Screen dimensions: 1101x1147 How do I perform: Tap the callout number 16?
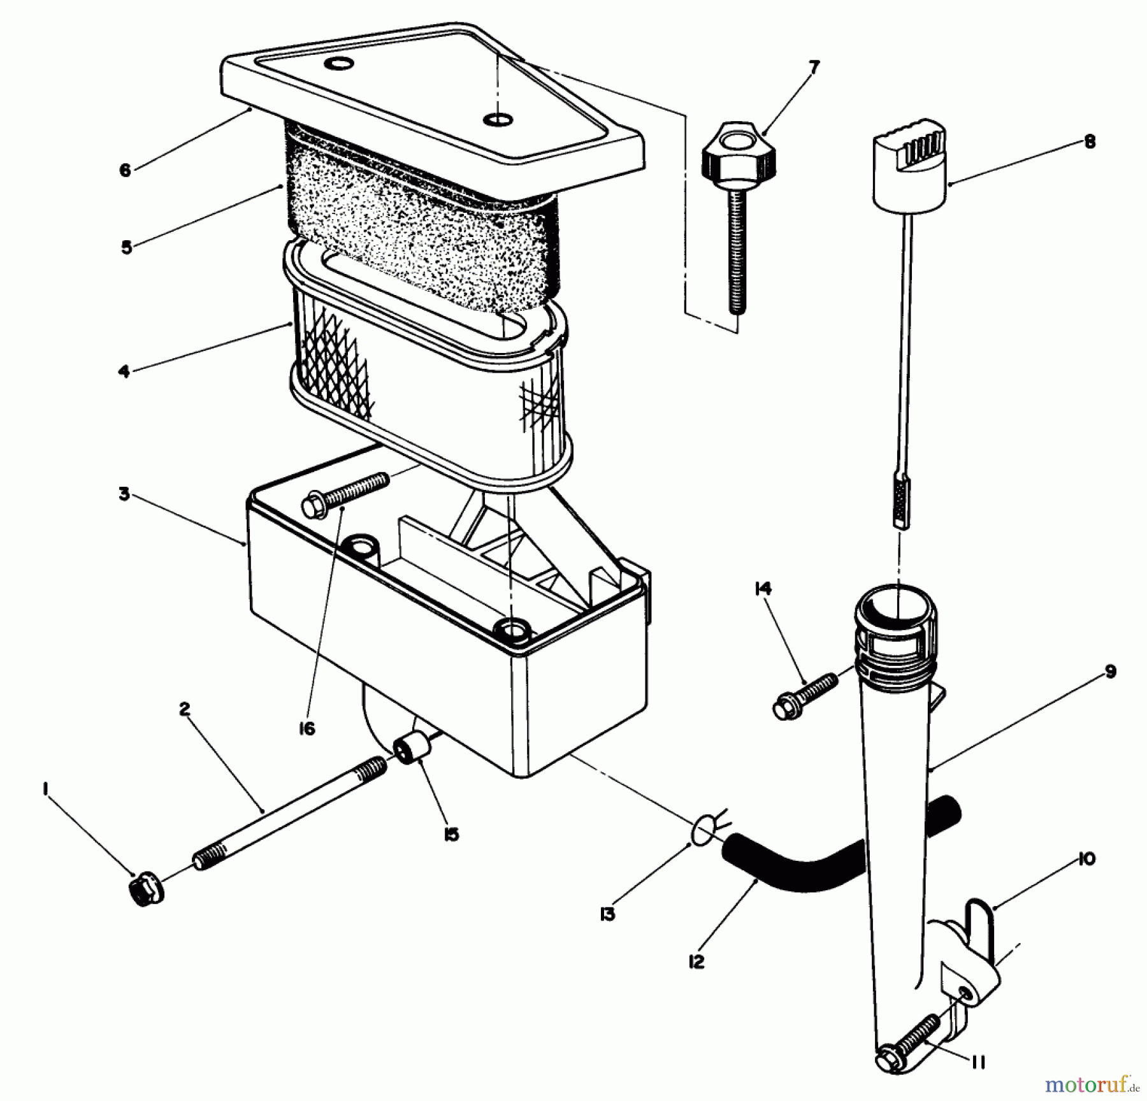point(307,728)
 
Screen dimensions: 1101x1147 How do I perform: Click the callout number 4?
point(124,371)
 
